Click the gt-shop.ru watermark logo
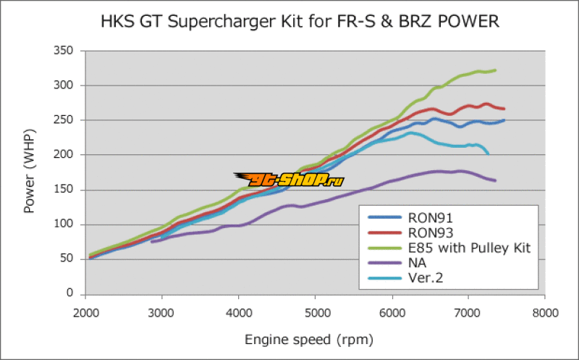point(288,179)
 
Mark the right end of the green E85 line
point(495,70)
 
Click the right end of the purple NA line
point(495,180)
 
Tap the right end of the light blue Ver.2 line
point(488,154)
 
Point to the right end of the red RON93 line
point(504,109)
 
